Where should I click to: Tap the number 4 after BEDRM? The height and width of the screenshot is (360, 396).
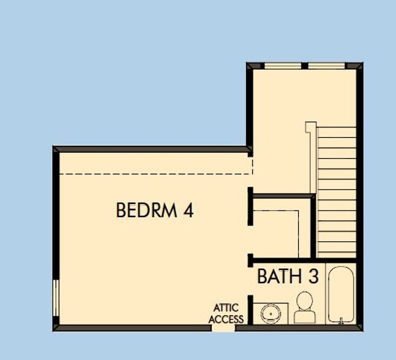point(188,211)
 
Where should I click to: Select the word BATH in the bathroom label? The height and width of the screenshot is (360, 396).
point(278,277)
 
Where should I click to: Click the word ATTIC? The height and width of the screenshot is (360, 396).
point(226,308)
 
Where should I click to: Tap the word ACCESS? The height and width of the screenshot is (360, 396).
point(226,319)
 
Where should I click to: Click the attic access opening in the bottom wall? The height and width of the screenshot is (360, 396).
point(224,328)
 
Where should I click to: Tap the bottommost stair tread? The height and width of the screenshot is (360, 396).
point(337,253)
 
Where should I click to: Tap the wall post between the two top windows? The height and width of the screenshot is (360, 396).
point(304,65)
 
